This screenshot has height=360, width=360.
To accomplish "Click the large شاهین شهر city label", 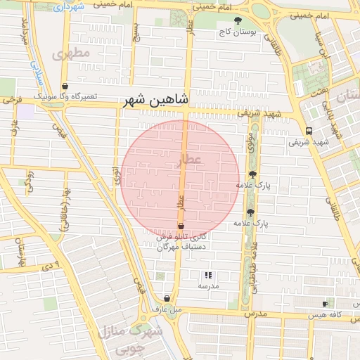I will [157, 101].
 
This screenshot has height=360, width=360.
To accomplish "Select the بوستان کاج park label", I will [235, 32].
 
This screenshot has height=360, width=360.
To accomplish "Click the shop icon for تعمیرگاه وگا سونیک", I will [65, 86].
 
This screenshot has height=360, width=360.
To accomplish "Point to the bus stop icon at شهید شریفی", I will [309, 131].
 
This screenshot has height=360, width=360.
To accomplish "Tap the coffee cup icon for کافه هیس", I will [324, 304].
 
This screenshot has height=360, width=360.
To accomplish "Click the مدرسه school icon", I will [207, 275].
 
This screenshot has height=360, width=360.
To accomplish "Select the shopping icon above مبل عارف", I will [167, 298].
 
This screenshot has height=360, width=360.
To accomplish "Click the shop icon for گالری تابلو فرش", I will [181, 226].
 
